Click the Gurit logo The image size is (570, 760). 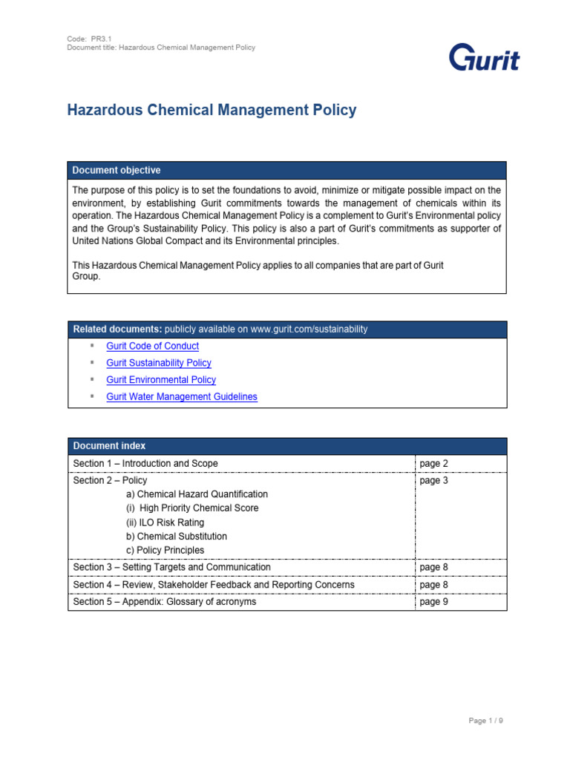pyautogui.click(x=484, y=58)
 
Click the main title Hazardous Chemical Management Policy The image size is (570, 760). pyautogui.click(x=212, y=111)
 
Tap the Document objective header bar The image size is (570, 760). pyautogui.click(x=286, y=171)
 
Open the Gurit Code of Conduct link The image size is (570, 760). pyautogui.click(x=152, y=346)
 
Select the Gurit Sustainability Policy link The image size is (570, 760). pyautogui.click(x=159, y=363)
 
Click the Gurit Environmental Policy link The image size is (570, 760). pyautogui.click(x=161, y=380)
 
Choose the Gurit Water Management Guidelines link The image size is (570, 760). pyautogui.click(x=182, y=397)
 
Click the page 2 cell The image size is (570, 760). pyautogui.click(x=433, y=464)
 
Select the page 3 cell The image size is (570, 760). pyautogui.click(x=433, y=481)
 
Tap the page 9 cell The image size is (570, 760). pyautogui.click(x=433, y=602)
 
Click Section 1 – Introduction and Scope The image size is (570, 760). pyautogui.click(x=145, y=464)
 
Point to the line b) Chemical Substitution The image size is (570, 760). pyautogui.click(x=177, y=537)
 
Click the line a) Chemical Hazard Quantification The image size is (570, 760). pyautogui.click(x=197, y=494)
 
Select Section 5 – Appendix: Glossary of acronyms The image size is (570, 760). pyautogui.click(x=164, y=602)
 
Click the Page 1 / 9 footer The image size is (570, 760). pyautogui.click(x=485, y=721)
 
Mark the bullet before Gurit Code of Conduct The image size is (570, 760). pyautogui.click(x=92, y=346)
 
